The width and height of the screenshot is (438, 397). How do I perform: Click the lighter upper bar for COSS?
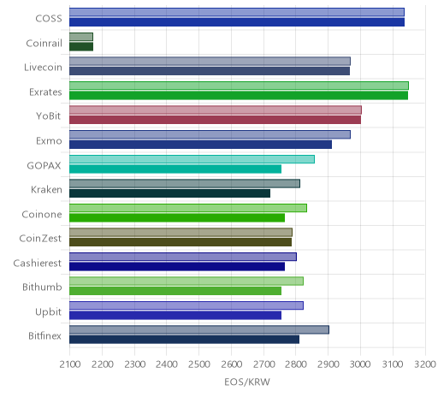pos(237,12)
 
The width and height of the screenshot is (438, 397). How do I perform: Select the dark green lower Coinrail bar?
pos(81,46)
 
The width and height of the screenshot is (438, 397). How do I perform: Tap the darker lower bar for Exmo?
pos(200,145)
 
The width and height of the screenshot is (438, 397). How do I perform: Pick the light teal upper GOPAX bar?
pos(192,159)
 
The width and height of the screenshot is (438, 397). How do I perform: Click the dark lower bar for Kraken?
pos(169,193)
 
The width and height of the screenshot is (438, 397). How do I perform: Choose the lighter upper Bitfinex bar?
pos(199,329)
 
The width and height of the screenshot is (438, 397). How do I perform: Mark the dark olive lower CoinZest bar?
pos(181,242)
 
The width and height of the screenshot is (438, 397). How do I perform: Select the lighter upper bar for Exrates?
pos(239,86)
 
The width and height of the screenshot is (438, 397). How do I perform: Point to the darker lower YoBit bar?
pos(215,120)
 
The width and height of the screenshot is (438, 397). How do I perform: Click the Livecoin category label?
pos(43,68)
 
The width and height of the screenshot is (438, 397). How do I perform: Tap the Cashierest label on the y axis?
pos(38,263)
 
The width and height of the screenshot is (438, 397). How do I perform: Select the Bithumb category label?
pos(42,287)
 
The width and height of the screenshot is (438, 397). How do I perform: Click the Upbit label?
pos(49,311)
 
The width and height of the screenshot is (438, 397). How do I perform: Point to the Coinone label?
pos(42,214)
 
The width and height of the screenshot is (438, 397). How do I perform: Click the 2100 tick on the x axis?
pos(70,364)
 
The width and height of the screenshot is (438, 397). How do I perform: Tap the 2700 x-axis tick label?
pos(263,364)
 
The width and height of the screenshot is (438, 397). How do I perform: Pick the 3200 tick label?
pos(425,364)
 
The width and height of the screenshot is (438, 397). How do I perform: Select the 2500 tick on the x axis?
pos(199,364)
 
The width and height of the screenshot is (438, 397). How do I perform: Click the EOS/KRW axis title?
pos(247,382)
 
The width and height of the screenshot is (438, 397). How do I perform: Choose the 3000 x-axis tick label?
pos(360,364)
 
